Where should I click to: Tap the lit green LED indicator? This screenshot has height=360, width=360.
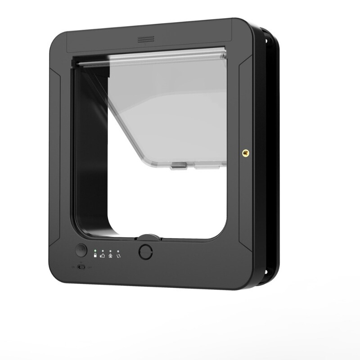point(95,251)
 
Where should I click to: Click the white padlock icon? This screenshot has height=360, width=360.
point(95,256)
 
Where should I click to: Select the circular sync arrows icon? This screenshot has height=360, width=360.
point(118,256)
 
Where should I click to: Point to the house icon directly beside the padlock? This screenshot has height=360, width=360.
point(103,256)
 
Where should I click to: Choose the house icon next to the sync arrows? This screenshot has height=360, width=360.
point(110,256)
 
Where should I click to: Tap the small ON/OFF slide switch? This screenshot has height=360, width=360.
point(81,267)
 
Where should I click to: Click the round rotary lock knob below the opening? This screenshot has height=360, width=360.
point(145,251)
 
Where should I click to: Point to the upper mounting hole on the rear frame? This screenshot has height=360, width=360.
point(266,41)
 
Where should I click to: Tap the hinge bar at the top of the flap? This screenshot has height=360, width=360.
point(151,58)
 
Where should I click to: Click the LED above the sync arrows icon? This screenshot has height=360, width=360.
point(118,251)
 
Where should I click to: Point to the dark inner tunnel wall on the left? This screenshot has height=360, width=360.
point(90,157)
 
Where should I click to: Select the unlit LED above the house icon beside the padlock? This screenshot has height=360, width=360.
point(103,251)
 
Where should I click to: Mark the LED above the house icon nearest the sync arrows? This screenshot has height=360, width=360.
point(110,251)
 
